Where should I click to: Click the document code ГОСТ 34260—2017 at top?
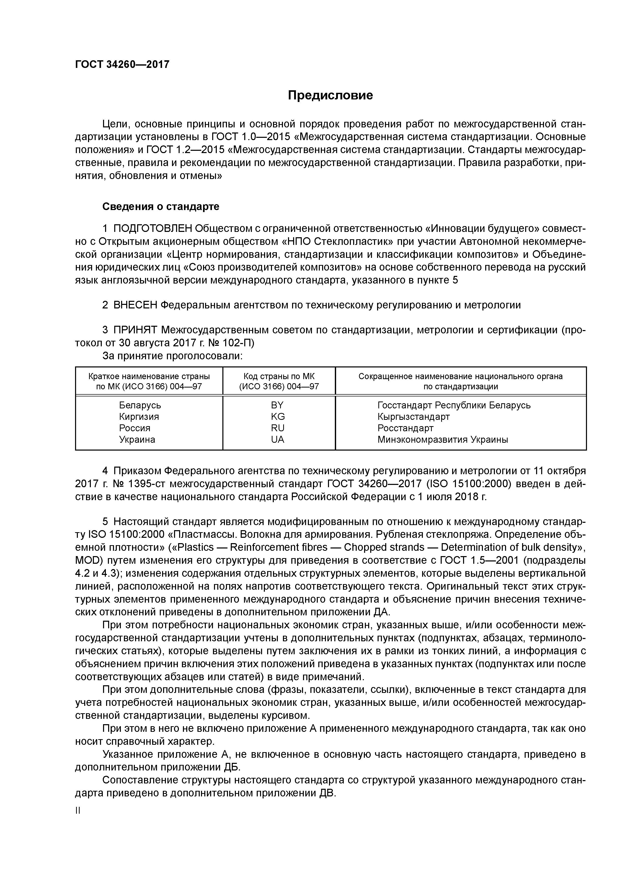[x=122, y=64]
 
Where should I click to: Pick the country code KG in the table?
[x=278, y=417]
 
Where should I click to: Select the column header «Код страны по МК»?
[x=279, y=377]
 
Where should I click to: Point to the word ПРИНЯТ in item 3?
[x=135, y=330]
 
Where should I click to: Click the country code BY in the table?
[x=278, y=405]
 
